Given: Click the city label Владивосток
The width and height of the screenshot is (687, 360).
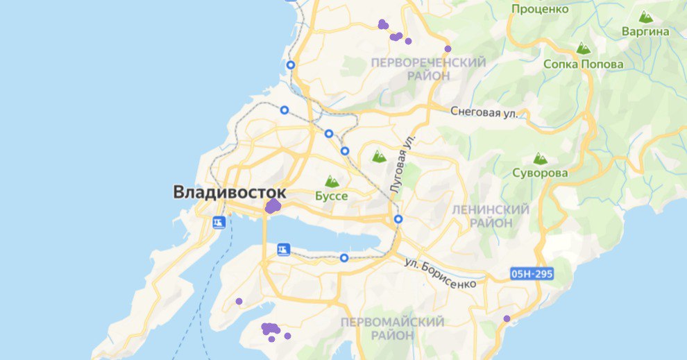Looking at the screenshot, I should coord(230,192).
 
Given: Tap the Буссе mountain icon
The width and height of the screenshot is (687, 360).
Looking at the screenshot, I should coord(332,182).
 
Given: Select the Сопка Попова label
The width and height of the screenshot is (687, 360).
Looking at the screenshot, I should coord(584,65).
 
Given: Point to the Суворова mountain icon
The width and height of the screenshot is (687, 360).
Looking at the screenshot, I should coord(540,159).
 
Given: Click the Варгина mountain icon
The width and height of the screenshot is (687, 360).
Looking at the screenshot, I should coord(645,17).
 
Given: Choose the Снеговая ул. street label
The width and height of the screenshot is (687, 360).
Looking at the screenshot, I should coord(484,111).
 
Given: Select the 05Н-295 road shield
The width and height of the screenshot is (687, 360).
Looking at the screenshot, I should coord(532,274).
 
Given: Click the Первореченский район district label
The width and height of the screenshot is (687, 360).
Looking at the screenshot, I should coord(428,69).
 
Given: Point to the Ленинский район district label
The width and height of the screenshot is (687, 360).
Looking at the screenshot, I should coord(490,216).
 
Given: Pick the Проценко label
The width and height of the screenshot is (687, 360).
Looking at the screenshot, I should coord(540,9).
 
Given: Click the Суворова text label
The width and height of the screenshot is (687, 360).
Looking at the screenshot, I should coord(541,173).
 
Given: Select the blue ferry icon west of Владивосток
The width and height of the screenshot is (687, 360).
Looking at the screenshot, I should coord(219,222).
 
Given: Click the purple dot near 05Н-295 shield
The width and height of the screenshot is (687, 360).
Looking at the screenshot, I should coord(507,318).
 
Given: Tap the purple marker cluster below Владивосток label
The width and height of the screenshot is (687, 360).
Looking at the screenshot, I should coord(273,206).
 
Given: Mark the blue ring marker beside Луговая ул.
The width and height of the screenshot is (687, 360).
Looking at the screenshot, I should coord(398,219).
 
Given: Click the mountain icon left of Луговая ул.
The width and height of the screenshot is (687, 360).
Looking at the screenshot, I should coord(379,157).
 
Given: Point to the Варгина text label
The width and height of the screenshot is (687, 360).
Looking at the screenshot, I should coord(645,31).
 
